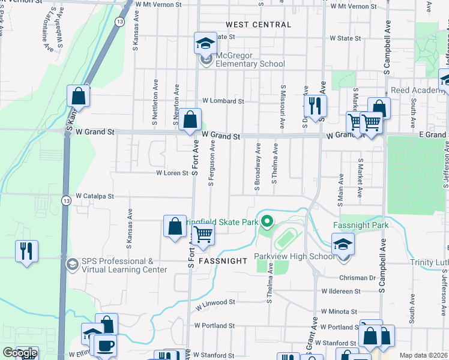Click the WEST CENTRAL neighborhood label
tap(258, 25)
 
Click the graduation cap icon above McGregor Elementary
tap(205, 43)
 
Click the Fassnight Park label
tap(361, 226)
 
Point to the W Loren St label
tap(172, 173)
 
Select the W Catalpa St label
tap(94, 196)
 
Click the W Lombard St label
tap(223, 101)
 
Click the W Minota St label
tap(339, 312)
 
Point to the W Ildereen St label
tap(340, 291)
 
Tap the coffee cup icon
tap(105, 346)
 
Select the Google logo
tap(20, 353)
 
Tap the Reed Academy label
tap(415, 91)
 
